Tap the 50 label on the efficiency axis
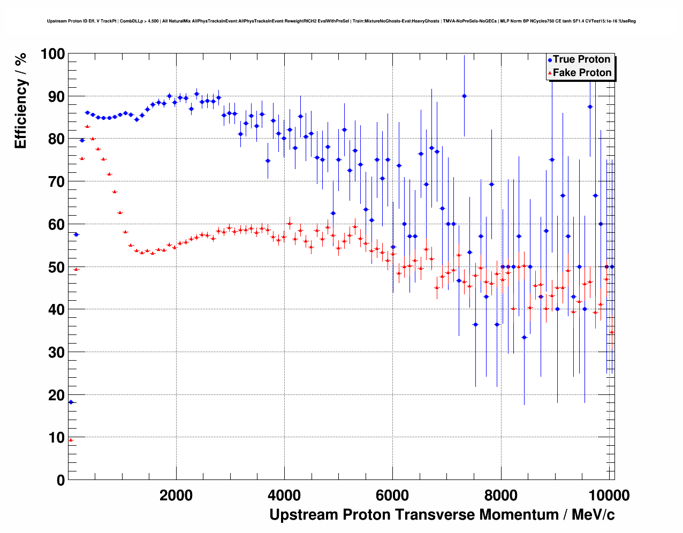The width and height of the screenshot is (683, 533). pos(55,267)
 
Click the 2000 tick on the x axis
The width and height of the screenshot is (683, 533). pos(176,496)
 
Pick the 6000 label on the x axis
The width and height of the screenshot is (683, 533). pos(392,496)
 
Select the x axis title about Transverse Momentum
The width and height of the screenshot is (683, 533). pos(442,515)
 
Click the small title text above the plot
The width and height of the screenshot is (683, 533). pos(341,21)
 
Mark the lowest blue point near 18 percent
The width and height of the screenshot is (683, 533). pos(71,402)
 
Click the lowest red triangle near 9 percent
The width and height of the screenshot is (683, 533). pos(71,440)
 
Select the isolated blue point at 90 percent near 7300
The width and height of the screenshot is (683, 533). pos(464,96)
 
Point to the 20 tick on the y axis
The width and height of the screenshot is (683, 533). pos(55,395)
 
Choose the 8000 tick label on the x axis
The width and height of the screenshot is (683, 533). pos(501,496)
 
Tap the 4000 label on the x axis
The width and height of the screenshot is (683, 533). pos(284,496)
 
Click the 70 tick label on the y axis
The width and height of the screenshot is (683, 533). pos(55,182)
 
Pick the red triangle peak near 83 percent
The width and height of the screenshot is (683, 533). pos(87,126)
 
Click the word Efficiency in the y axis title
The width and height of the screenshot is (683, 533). pos(20,115)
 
